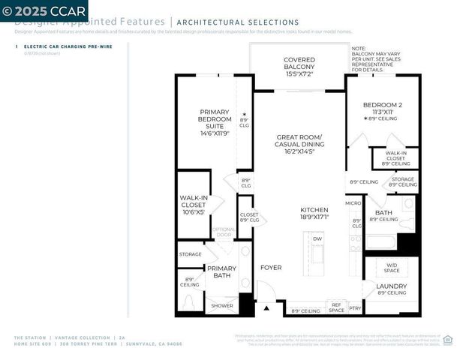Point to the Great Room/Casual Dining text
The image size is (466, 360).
tap(299, 144)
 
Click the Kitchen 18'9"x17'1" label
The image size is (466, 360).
tap(299, 213)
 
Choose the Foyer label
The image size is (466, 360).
tap(270, 268)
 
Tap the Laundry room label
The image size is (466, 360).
tap(391, 289)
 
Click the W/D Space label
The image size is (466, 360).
tap(392, 268)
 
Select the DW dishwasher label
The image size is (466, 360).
tap(317, 238)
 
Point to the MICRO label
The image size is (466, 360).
tap(353, 202)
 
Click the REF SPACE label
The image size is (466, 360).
tap(336, 307)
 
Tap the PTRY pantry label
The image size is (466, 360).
tap(355, 308)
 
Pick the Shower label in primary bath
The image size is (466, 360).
tap(221, 305)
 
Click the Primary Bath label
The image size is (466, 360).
tap(221, 271)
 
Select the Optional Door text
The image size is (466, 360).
tap(224, 232)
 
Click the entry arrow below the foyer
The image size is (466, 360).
tap(266, 307)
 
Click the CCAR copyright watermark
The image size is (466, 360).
tap(44, 10)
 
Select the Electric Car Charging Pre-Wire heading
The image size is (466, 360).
tap(60, 47)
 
